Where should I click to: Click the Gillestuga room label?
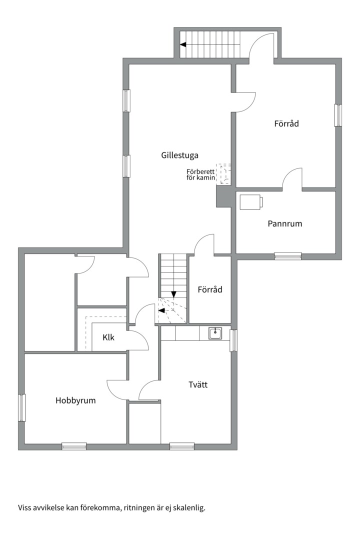click(x=179, y=155)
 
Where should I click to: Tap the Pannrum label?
click(x=285, y=223)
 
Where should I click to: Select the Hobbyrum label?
click(x=75, y=400)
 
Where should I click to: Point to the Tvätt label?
click(x=198, y=384)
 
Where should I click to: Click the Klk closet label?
click(x=108, y=337)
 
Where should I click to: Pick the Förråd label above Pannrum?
click(x=286, y=123)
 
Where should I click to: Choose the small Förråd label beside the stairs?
click(x=210, y=289)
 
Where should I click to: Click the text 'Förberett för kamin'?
click(x=201, y=174)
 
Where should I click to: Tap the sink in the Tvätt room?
click(x=215, y=333)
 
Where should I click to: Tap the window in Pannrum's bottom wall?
click(x=288, y=256)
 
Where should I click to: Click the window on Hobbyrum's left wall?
click(x=22, y=408)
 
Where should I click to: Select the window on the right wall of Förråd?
click(x=338, y=115)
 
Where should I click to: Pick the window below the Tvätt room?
click(x=182, y=446)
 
